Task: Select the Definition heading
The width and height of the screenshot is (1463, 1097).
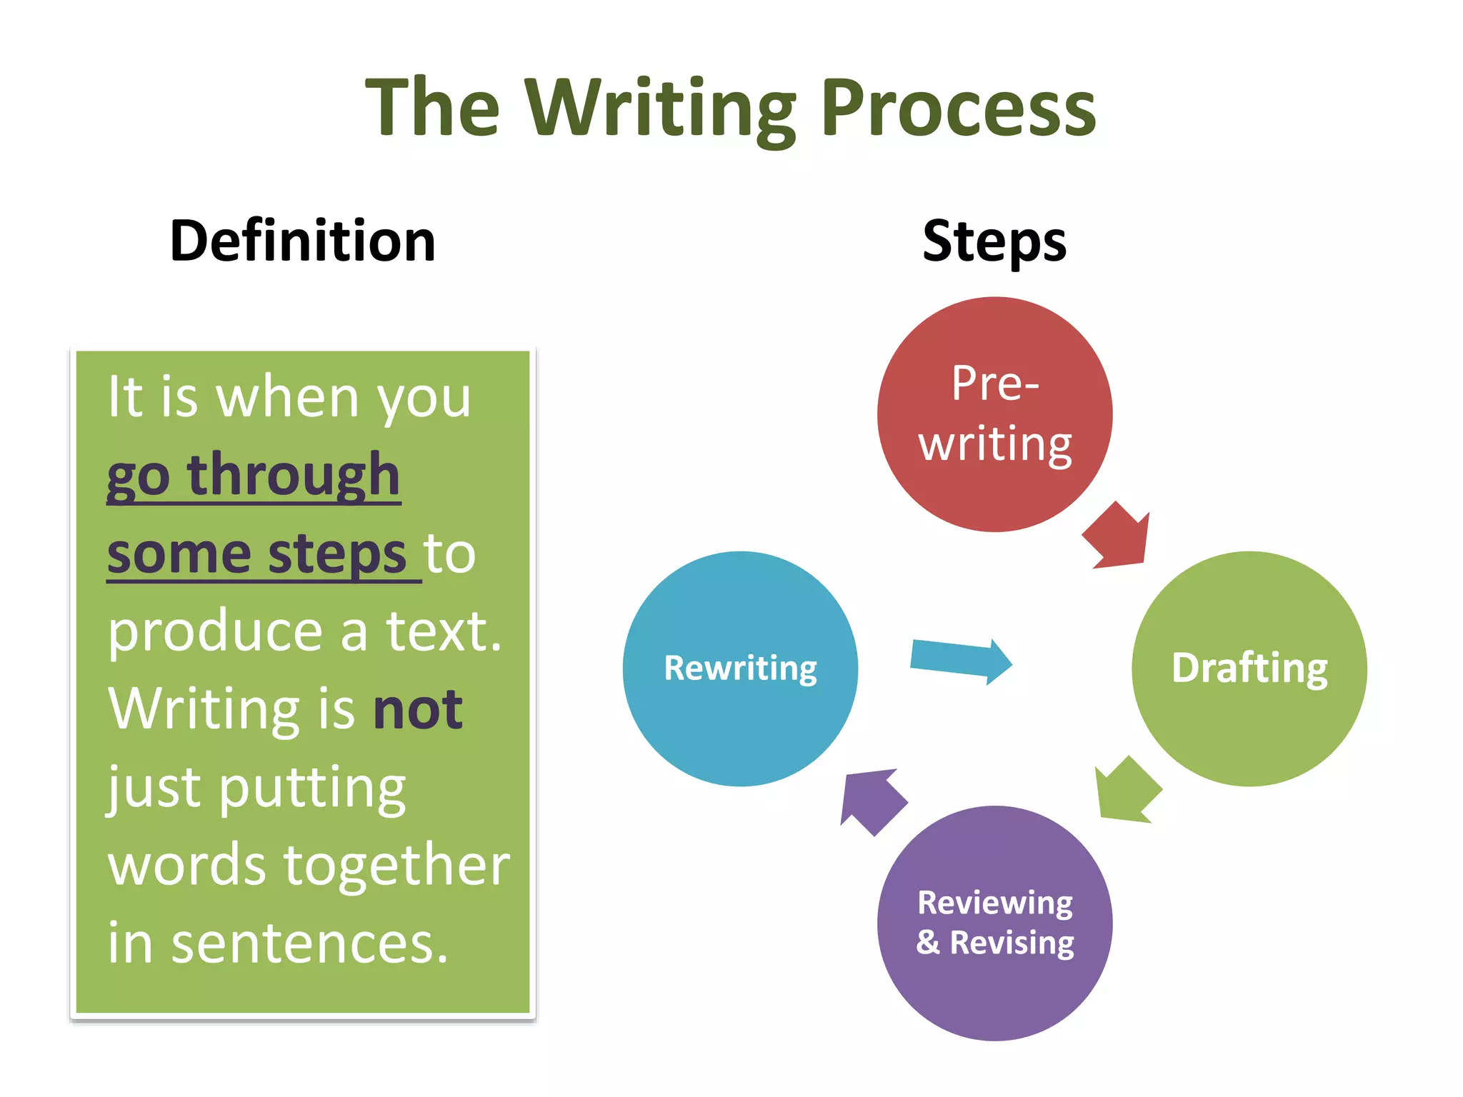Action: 302,241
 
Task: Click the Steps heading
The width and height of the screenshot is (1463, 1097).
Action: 994,241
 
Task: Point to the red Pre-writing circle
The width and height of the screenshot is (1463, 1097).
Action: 994,414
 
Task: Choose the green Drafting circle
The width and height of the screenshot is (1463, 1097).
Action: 1249,668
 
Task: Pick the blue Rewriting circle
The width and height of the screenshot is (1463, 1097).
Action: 740,668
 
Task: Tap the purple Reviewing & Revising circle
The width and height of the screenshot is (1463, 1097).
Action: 994,923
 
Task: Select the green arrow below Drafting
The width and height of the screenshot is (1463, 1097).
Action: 1127,791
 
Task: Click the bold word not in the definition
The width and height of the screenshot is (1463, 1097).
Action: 418,710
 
